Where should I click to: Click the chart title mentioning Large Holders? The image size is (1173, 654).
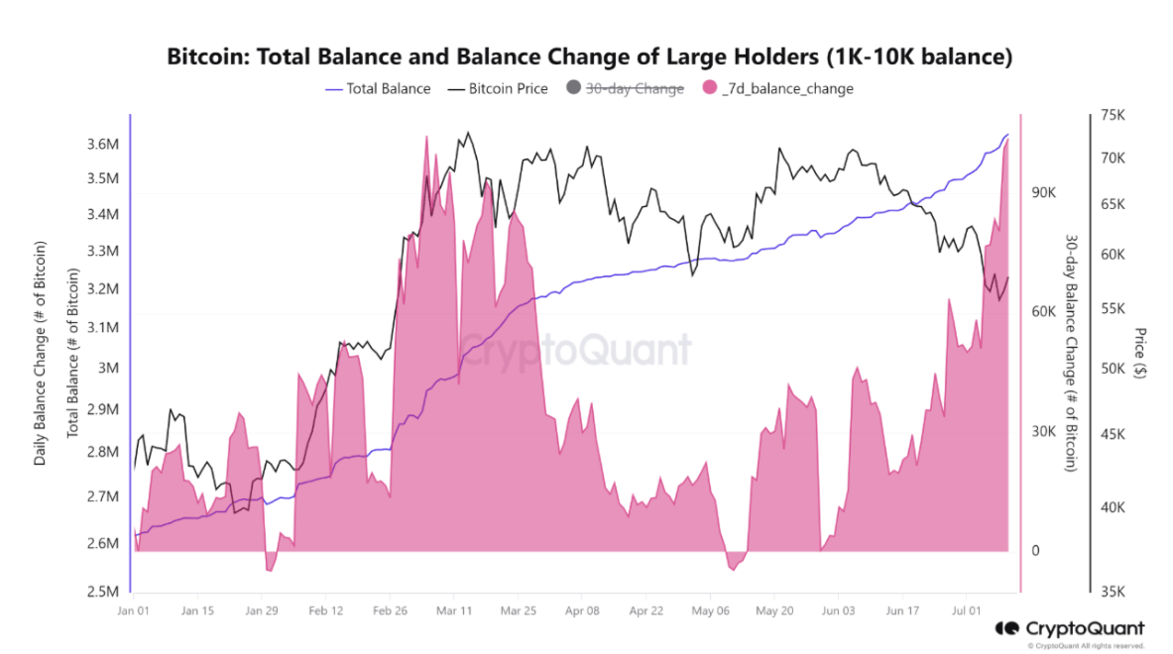[x=589, y=56]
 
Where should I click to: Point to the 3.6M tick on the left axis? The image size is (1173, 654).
[x=103, y=145]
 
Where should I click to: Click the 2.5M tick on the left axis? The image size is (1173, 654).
[x=103, y=593]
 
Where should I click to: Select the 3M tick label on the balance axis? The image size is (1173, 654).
[x=109, y=368]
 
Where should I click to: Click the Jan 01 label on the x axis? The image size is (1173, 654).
[x=132, y=611]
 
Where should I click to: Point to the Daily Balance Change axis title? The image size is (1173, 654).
[x=41, y=353]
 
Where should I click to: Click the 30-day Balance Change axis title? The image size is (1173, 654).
[x=1071, y=353]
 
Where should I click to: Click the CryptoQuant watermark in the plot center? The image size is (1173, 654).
[x=574, y=350]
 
